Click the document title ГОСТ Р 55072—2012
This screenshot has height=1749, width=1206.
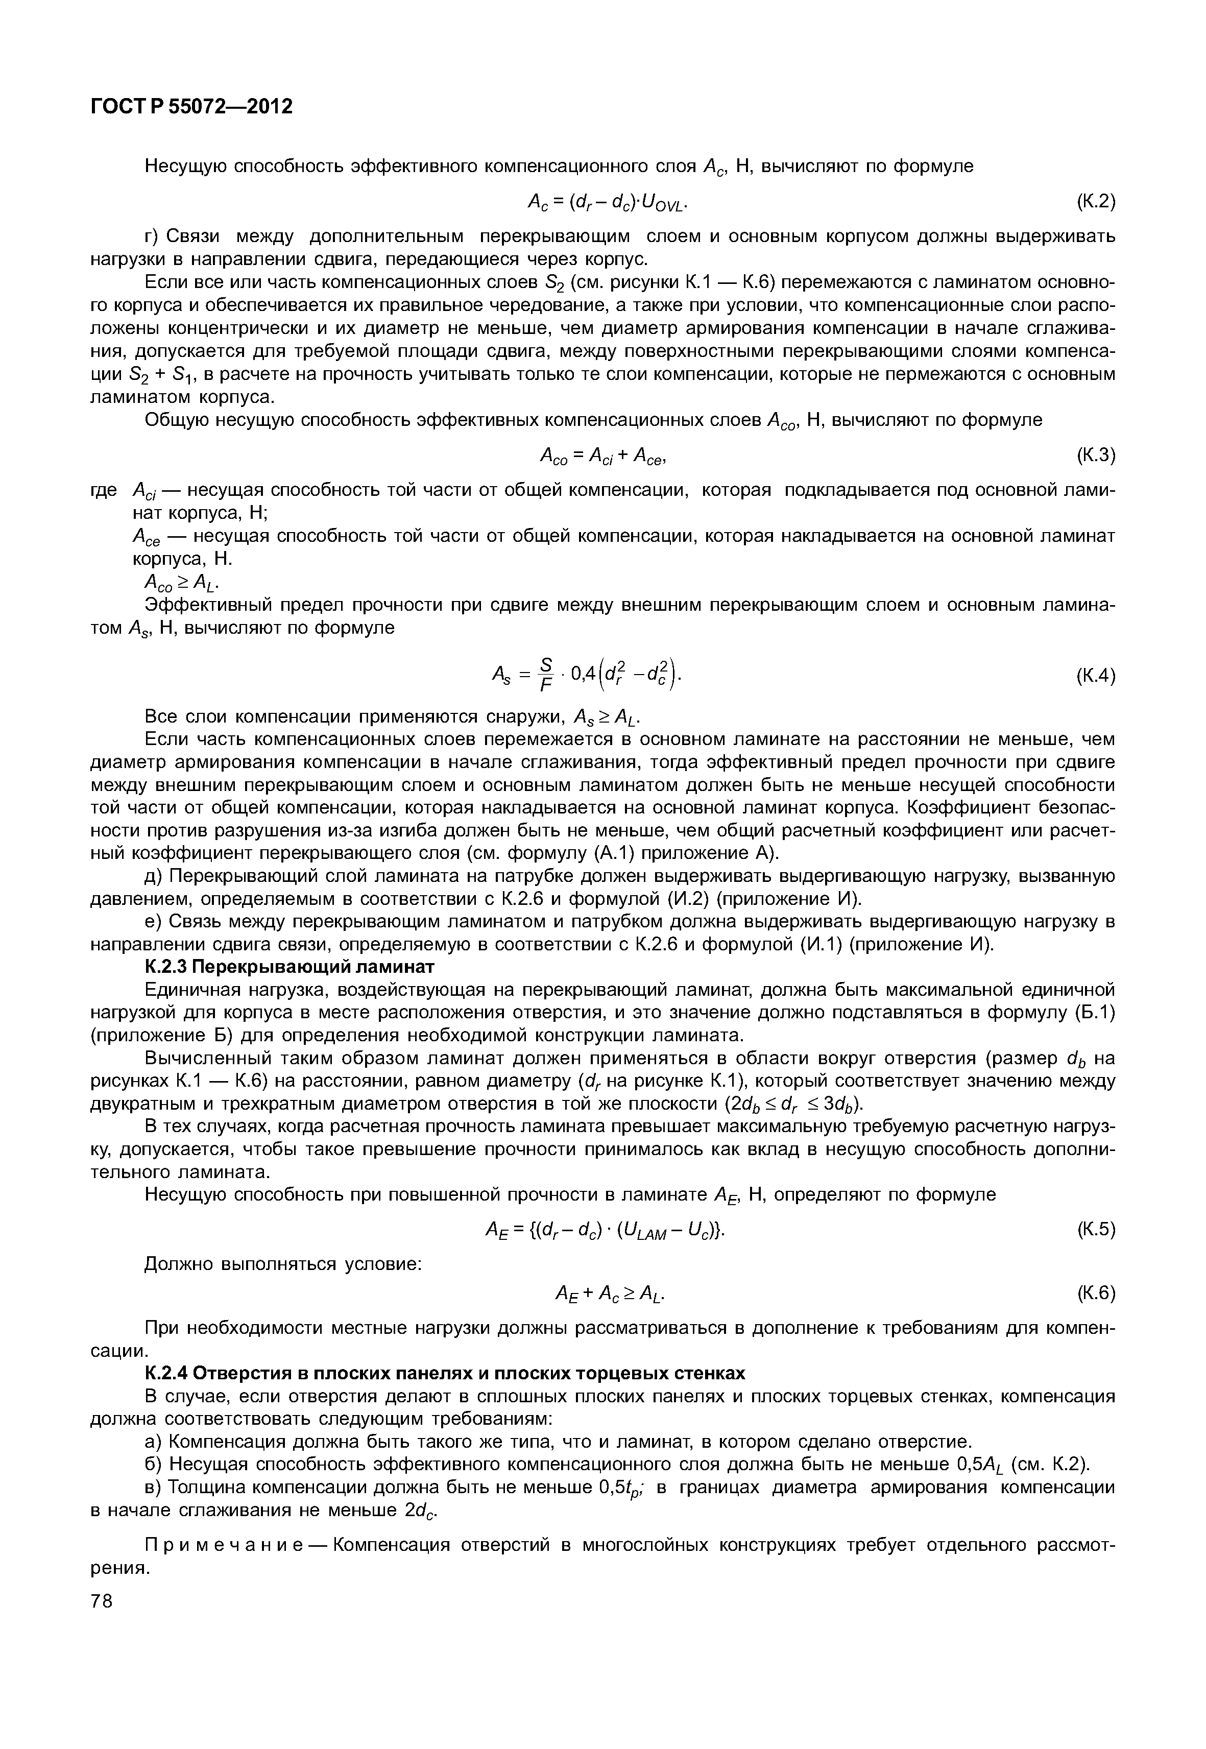point(191,107)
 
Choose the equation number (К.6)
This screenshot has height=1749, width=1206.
point(1095,1293)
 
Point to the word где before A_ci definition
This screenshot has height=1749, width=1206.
point(104,491)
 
